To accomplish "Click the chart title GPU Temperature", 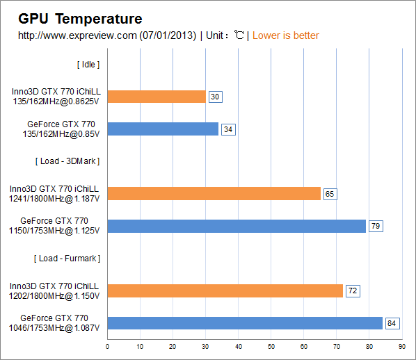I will pyautogui.click(x=80, y=19).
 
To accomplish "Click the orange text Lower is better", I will pyautogui.click(x=286, y=35).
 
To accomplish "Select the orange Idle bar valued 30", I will pyautogui.click(x=157, y=97).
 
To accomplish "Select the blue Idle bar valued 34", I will pyautogui.click(x=163, y=129).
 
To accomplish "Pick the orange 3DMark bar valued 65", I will pyautogui.click(x=214, y=193).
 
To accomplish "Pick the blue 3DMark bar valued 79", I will pyautogui.click(x=237, y=226).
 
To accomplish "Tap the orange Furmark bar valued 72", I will pyautogui.click(x=225, y=291).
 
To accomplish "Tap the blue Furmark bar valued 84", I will pyautogui.click(x=245, y=322).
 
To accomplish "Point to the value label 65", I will pyautogui.click(x=330, y=194).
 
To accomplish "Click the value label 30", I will pyautogui.click(x=215, y=97).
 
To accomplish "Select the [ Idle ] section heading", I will pyautogui.click(x=88, y=64).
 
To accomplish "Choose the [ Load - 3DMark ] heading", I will pyautogui.click(x=67, y=161).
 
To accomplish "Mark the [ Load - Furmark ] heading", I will pyautogui.click(x=67, y=258).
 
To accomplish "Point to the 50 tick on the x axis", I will pyautogui.click(x=271, y=346).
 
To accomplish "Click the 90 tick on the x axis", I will pyautogui.click(x=401, y=346).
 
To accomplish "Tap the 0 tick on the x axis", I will pyautogui.click(x=107, y=346).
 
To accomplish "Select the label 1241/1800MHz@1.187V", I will pyautogui.click(x=54, y=198).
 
